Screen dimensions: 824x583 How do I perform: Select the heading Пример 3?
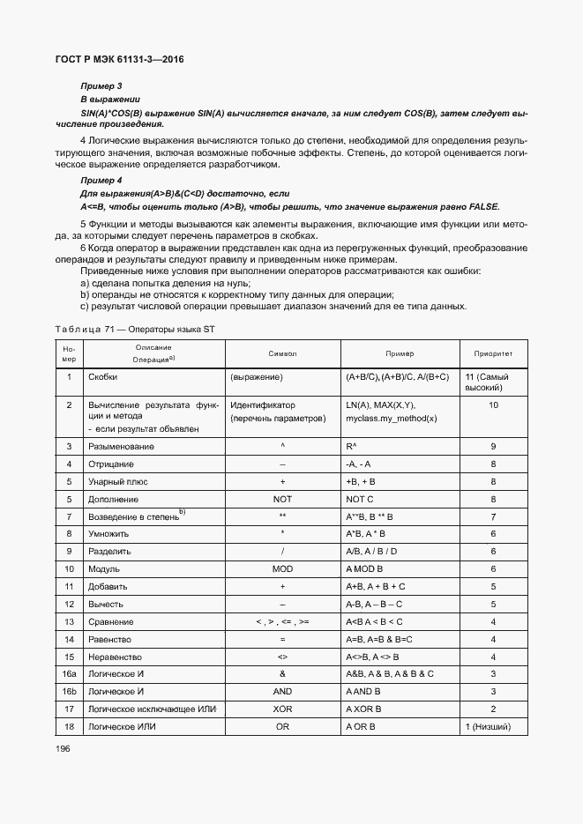click(x=101, y=85)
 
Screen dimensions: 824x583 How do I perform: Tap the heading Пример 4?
click(x=101, y=180)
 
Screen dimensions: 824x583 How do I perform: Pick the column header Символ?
click(x=282, y=353)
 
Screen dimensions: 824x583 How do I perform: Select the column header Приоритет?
click(x=493, y=353)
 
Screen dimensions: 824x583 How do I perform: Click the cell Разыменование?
click(x=122, y=447)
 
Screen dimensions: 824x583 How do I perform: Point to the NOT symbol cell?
click(x=282, y=499)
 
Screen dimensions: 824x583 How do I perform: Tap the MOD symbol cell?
click(x=282, y=569)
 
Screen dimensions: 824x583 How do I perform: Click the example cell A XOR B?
click(x=363, y=709)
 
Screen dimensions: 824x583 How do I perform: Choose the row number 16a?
click(x=69, y=673)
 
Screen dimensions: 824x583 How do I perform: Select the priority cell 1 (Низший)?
click(x=494, y=726)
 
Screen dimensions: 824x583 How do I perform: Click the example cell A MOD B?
click(x=363, y=569)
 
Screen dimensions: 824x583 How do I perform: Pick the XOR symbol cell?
click(x=282, y=709)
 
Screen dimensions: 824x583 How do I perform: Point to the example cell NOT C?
click(x=360, y=499)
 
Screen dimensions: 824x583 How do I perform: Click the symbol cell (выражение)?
click(x=256, y=377)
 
